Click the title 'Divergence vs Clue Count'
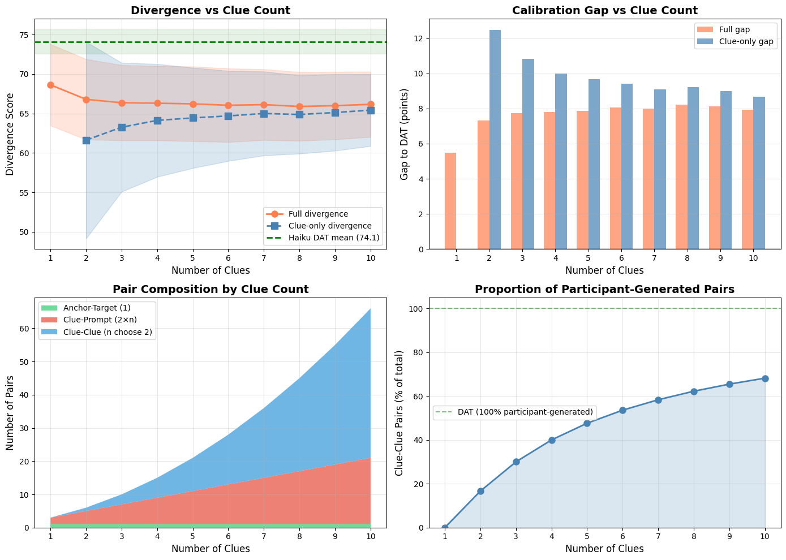tap(211, 10)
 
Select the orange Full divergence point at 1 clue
tap(50, 85)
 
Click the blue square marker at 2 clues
tap(86, 140)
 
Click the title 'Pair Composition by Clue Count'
tap(211, 290)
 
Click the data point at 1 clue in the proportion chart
tap(445, 528)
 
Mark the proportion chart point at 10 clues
tap(765, 378)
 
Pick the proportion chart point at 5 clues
tap(587, 423)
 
